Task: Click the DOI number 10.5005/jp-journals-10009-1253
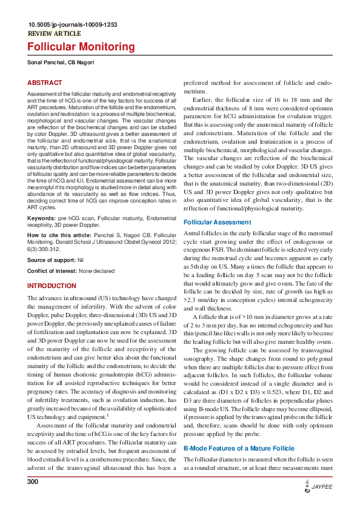72,25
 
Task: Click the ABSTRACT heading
44,82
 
